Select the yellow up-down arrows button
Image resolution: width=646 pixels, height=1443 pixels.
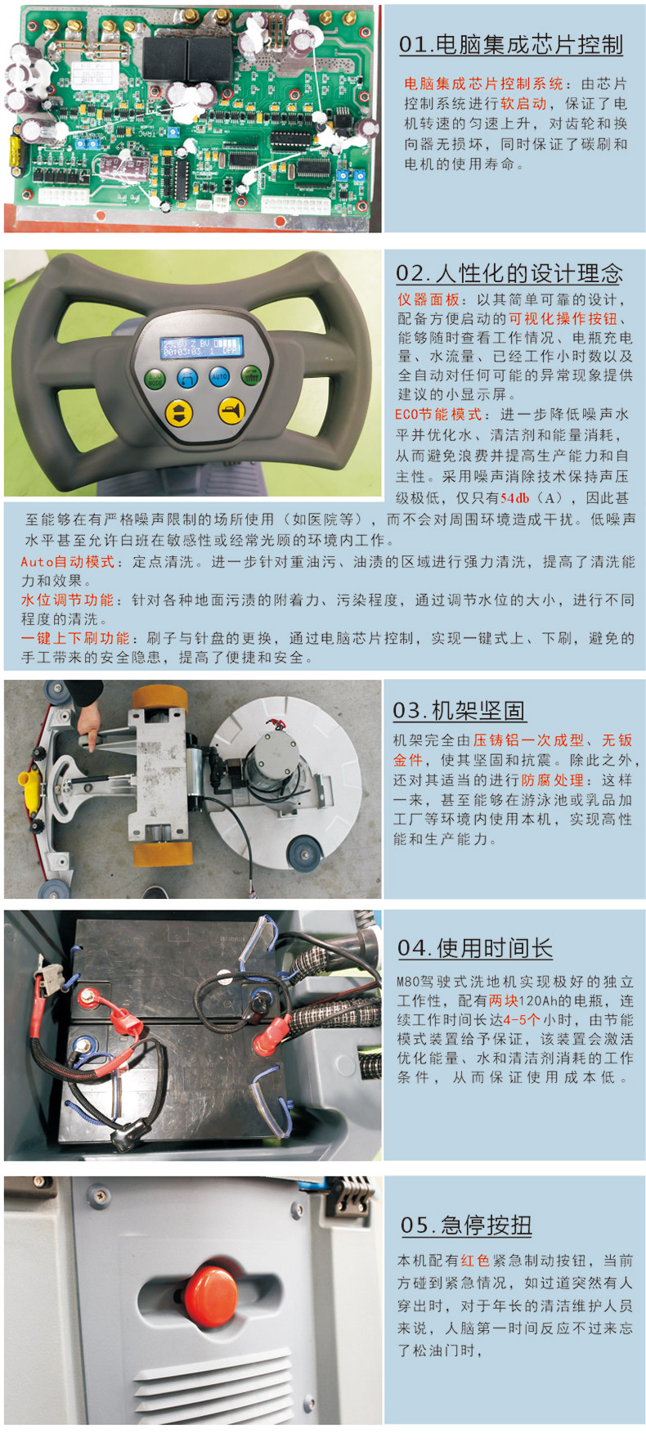(179, 411)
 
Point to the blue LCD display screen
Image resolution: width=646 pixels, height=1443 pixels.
(202, 347)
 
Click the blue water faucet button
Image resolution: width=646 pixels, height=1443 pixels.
(187, 377)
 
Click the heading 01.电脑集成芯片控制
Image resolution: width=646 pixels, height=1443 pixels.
(511, 44)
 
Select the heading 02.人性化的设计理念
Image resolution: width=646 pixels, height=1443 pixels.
(509, 273)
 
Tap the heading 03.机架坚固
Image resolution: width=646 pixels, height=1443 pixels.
(459, 710)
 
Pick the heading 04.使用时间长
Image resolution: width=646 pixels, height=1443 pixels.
(475, 948)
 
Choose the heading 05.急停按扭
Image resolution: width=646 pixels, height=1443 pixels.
(466, 1225)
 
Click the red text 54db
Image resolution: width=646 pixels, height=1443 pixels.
(515, 498)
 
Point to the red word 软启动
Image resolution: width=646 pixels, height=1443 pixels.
(523, 104)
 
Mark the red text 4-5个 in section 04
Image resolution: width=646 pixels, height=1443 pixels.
(522, 1020)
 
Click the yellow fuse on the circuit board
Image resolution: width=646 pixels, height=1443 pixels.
(14, 152)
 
